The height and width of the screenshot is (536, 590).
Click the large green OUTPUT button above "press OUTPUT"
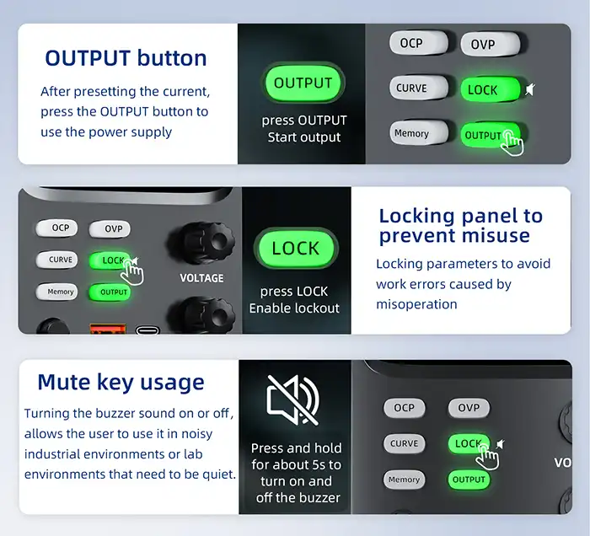tap(303, 83)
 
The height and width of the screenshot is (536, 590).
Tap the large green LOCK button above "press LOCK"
tap(295, 249)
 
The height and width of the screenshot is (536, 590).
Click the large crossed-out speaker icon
tap(293, 399)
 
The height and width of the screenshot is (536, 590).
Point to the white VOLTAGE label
tap(201, 278)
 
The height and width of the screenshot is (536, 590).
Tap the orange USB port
tap(108, 329)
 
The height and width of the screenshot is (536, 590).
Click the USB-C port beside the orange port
tap(147, 330)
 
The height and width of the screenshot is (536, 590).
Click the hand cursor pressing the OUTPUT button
tap(512, 143)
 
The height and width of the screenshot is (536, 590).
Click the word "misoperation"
tap(416, 304)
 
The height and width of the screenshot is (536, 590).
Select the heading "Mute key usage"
tap(121, 383)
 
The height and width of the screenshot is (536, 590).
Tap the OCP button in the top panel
tap(419, 42)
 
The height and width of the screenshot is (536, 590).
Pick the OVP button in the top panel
tap(491, 44)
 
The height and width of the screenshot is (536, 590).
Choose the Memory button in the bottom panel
tap(404, 480)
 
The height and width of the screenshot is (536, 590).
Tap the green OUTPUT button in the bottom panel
tap(469, 480)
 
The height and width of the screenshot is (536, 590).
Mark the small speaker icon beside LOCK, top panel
tap(530, 89)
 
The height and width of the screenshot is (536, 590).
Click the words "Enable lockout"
tap(294, 308)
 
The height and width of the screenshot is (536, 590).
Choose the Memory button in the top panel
tap(419, 133)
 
